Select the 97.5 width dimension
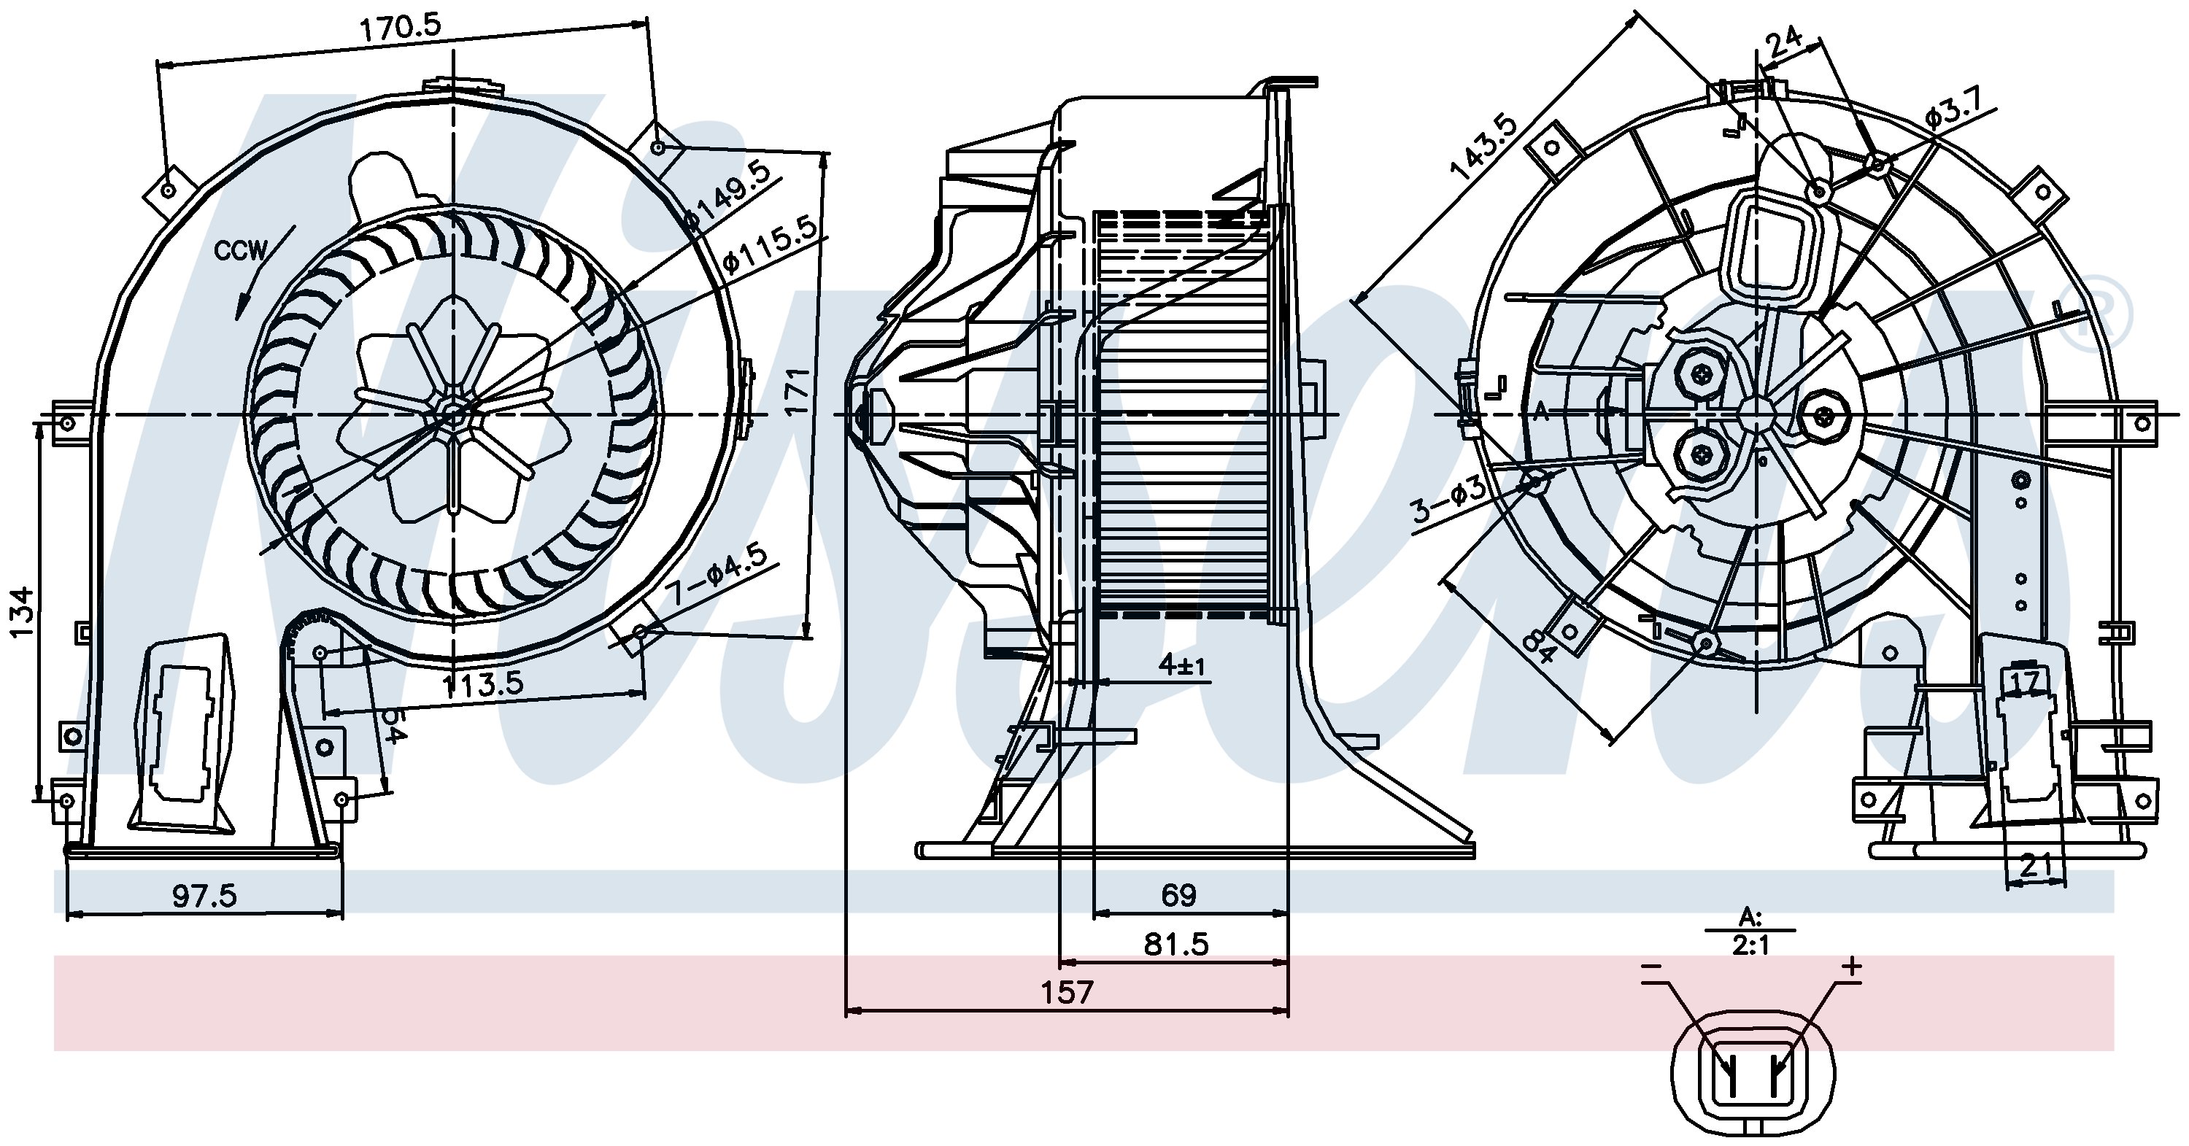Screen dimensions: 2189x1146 pyautogui.click(x=205, y=894)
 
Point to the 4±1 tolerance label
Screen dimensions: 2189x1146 pyautogui.click(x=1182, y=665)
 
